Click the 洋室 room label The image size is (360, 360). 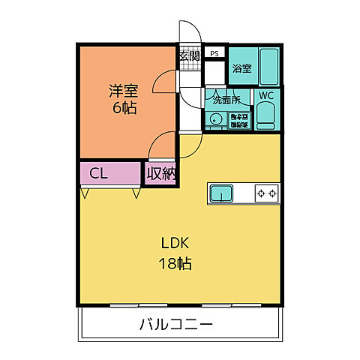coord(123,91)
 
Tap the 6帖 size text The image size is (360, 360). coord(123,107)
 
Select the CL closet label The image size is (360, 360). coord(99,174)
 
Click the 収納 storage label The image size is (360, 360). coord(160,174)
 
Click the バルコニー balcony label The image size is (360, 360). coord(176,325)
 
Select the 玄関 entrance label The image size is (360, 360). coord(188,55)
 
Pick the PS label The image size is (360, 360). coord(215,53)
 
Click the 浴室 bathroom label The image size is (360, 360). coord(241,68)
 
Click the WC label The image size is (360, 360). coord(266,95)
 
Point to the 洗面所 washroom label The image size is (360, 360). coord(224,99)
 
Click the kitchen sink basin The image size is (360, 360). coord(222,193)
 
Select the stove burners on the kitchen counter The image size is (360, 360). coord(266,193)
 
